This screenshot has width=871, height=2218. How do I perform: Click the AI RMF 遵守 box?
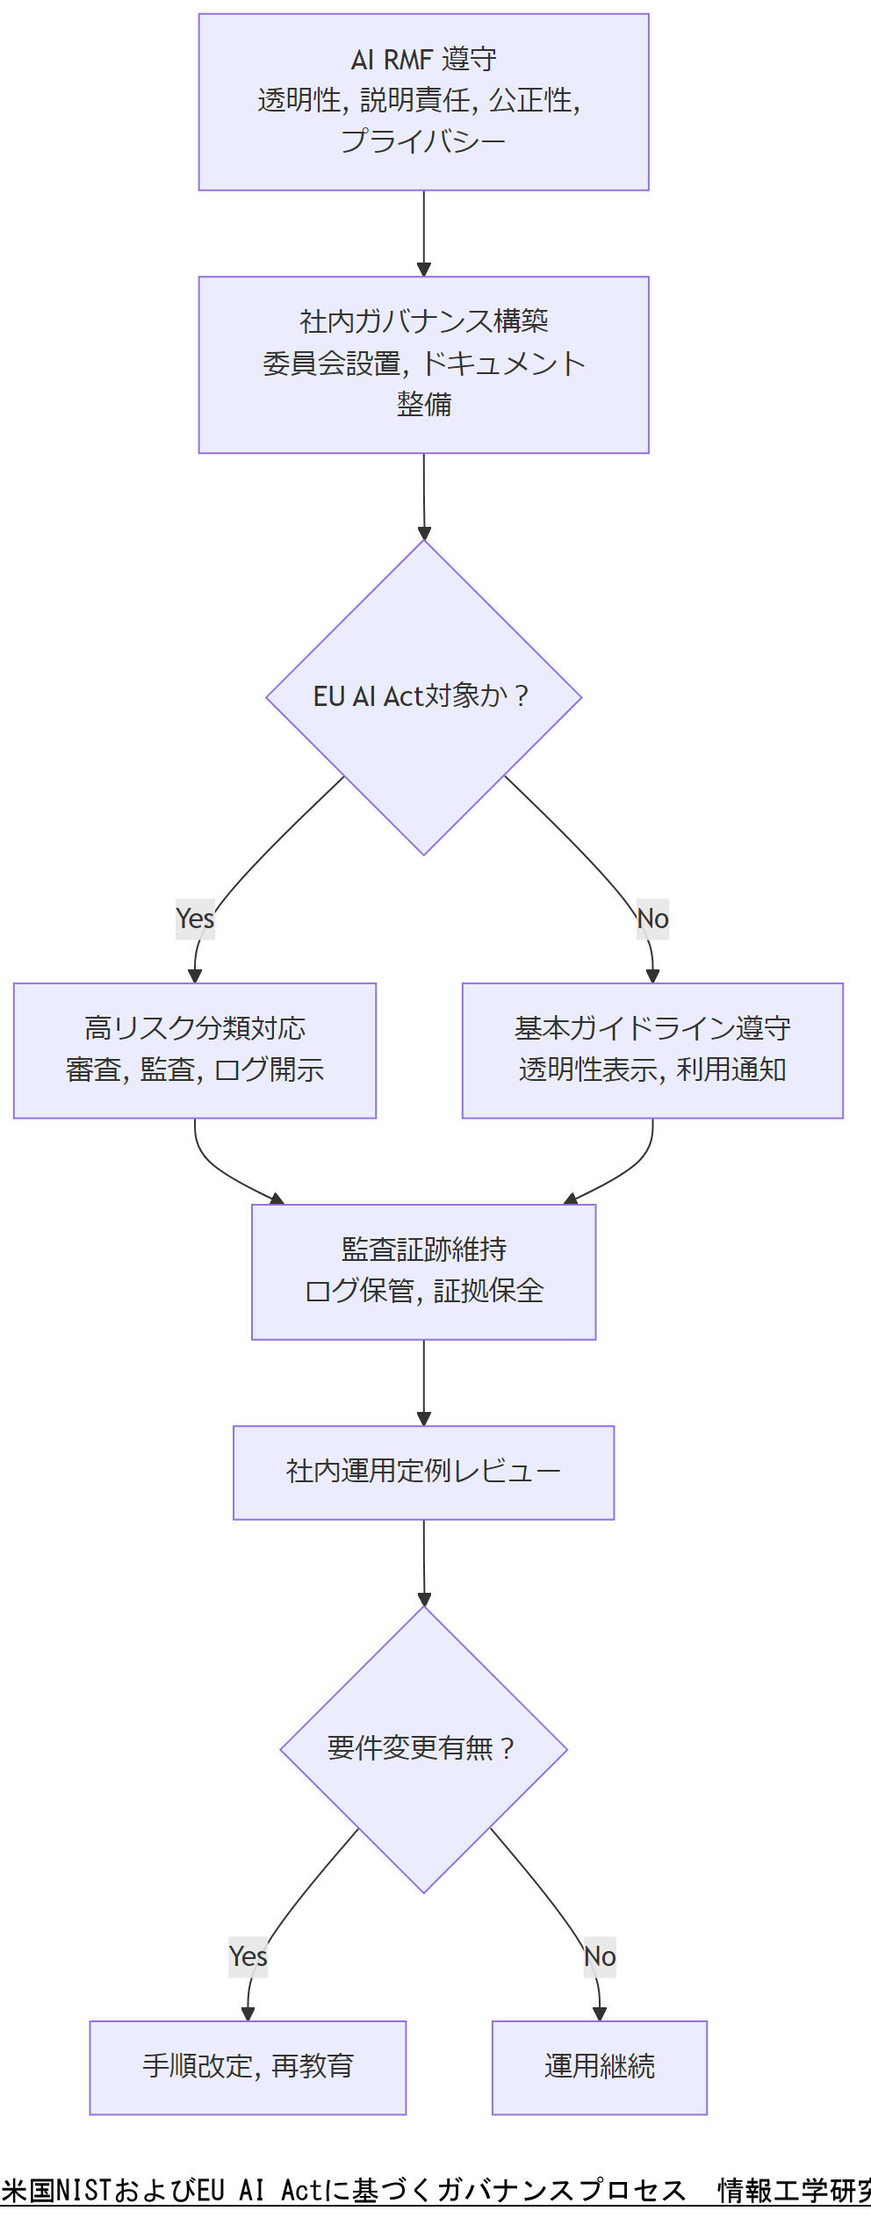[423, 102]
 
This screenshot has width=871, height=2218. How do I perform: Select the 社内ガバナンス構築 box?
[423, 364]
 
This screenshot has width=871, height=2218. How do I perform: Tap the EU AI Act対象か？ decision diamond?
[423, 696]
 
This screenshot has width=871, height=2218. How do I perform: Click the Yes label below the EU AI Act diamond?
[195, 918]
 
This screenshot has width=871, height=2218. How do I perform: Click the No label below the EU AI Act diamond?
[652, 918]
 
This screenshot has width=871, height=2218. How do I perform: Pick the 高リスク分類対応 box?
[195, 1050]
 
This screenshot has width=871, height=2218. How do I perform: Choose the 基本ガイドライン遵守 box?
[652, 1050]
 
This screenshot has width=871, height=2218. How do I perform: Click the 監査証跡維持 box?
[423, 1271]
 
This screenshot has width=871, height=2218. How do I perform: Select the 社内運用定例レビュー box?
[423, 1472]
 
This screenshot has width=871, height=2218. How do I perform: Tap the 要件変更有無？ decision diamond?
[423, 1748]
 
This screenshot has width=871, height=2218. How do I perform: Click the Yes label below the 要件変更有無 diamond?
[248, 1956]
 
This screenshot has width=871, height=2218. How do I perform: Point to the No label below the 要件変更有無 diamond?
[600, 1956]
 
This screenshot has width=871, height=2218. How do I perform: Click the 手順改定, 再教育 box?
[248, 2067]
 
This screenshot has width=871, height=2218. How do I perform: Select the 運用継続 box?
[600, 2067]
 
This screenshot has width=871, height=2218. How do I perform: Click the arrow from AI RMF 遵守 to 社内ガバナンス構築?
[423, 233]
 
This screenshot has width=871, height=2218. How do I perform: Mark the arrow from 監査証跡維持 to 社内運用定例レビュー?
[423, 1382]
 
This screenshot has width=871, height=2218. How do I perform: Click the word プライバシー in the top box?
[423, 141]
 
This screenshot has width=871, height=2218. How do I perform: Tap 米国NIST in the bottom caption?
[56, 2190]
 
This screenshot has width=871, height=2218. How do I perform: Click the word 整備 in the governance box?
[423, 405]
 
